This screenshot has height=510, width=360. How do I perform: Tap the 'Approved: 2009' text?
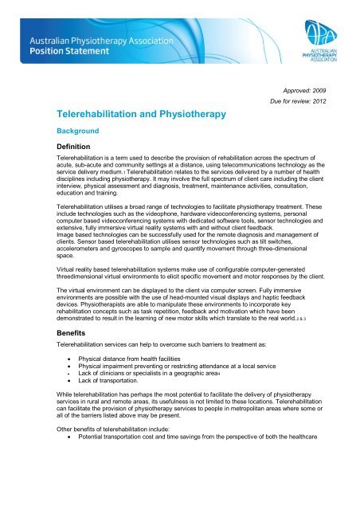(311, 92)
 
